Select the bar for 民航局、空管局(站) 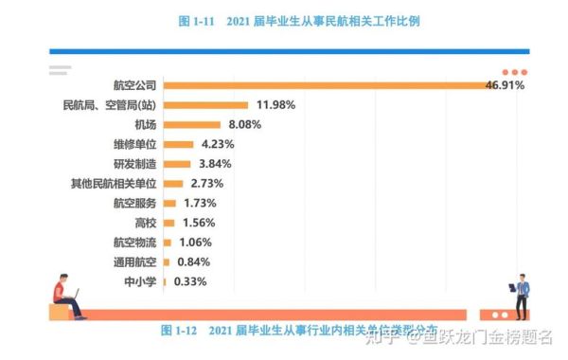tap(205, 105)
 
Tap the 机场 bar tap(192, 124)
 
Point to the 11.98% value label tap(276, 105)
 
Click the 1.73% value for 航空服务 tap(200, 203)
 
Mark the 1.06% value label tap(194, 243)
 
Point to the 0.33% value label tap(189, 281)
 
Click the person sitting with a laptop tap(68, 296)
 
